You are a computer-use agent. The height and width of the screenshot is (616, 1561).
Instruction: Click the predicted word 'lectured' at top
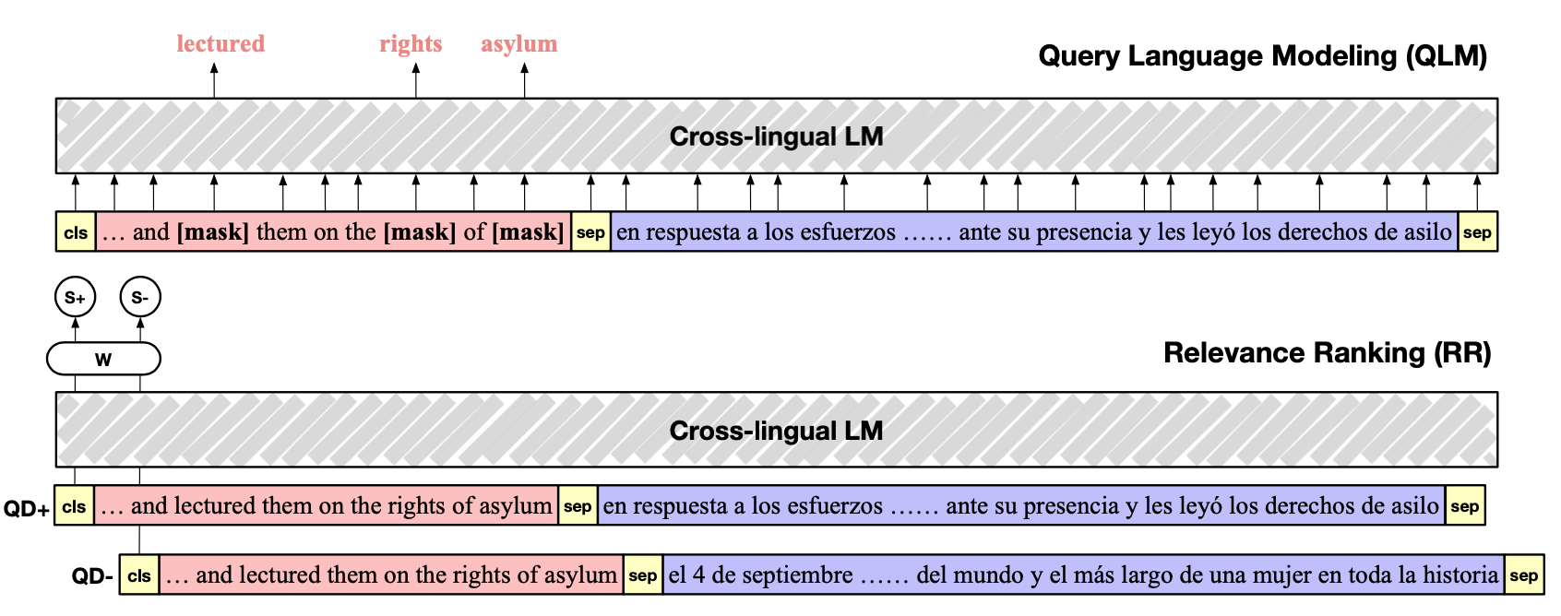pyautogui.click(x=220, y=44)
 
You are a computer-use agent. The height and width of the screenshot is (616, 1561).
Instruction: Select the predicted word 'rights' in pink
pyautogui.click(x=411, y=44)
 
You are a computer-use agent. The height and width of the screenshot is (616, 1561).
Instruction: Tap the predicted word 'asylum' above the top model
pyautogui.click(x=518, y=44)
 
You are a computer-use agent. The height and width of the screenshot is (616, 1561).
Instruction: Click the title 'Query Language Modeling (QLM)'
pyautogui.click(x=1262, y=56)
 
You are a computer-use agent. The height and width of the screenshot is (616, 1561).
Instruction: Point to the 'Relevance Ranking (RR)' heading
pyautogui.click(x=1327, y=353)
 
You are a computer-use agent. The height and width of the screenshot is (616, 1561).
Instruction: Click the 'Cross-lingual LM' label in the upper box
pyautogui.click(x=776, y=136)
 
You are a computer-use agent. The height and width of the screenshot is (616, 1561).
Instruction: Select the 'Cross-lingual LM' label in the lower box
pyautogui.click(x=776, y=431)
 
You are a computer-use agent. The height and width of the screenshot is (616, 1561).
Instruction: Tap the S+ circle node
pyautogui.click(x=76, y=298)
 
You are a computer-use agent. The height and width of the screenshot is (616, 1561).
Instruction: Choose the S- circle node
pyautogui.click(x=140, y=298)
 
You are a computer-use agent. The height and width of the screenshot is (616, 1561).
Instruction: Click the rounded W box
pyautogui.click(x=103, y=359)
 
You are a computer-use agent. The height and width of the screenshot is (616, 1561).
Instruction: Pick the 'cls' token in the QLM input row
pyautogui.click(x=76, y=232)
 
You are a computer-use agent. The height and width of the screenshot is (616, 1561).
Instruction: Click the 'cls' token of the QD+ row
pyautogui.click(x=74, y=506)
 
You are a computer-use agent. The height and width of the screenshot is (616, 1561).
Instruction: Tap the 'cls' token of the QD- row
pyautogui.click(x=139, y=576)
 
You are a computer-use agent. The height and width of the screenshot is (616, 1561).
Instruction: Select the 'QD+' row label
pyautogui.click(x=27, y=508)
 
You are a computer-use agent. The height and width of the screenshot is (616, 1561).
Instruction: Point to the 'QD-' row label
pyautogui.click(x=92, y=577)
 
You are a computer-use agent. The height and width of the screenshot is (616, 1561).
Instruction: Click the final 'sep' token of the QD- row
pyautogui.click(x=1523, y=576)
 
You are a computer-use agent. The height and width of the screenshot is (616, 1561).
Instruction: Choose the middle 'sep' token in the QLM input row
pyautogui.click(x=590, y=232)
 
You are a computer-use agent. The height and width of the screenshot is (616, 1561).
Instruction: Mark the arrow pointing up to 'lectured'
pyautogui.click(x=214, y=81)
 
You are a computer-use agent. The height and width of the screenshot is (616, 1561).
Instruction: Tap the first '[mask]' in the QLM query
pyautogui.click(x=213, y=232)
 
